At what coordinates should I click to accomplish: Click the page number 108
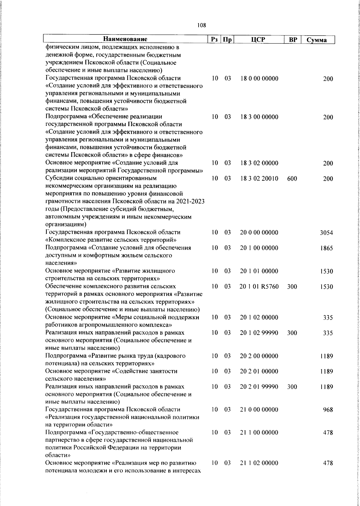(x=202, y=26)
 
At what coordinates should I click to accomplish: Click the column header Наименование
(x=125, y=39)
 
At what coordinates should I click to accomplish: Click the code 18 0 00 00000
(x=259, y=79)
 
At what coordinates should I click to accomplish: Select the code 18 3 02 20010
(x=259, y=179)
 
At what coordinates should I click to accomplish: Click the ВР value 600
(x=292, y=179)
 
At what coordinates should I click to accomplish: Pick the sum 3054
(x=326, y=233)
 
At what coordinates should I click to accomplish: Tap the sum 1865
(x=326, y=248)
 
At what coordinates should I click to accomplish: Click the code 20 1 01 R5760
(x=259, y=287)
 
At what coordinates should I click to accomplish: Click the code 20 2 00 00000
(x=259, y=356)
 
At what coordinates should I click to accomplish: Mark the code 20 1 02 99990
(x=259, y=333)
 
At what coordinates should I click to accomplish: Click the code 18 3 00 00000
(x=259, y=117)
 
